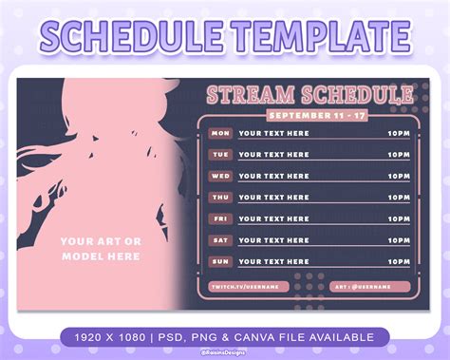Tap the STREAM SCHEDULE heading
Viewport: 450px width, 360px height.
309,95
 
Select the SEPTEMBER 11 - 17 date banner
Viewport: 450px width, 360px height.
309,114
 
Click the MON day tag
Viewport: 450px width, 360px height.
220,133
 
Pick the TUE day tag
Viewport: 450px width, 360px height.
220,154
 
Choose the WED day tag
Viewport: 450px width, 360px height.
220,176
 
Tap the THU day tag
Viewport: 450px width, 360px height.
220,197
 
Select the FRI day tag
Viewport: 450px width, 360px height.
220,218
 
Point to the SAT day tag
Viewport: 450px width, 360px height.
220,239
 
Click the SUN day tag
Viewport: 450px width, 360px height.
220,260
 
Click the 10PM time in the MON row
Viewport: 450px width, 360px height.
400,133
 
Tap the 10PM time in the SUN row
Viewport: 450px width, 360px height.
400,260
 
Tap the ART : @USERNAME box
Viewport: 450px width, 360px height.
370,286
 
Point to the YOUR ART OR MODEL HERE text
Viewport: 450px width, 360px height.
101,249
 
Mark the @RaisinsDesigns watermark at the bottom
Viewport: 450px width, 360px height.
225,352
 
